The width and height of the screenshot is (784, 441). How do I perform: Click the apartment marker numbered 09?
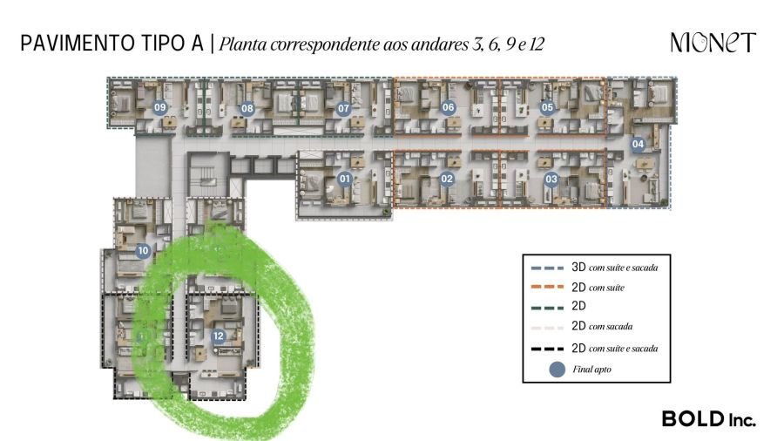[x=159, y=107]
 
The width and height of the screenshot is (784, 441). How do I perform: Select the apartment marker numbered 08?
[x=247, y=108]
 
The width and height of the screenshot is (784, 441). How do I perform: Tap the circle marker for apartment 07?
[x=343, y=108]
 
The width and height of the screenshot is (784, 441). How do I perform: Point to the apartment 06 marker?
[x=449, y=108]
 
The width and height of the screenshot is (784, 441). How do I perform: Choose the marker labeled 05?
[x=547, y=108]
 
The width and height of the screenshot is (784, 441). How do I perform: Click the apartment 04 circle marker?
[x=638, y=144]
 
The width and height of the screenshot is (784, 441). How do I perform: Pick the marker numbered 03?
[x=551, y=180]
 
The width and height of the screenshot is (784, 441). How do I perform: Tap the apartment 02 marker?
[x=447, y=180]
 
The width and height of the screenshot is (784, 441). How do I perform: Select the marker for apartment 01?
[x=344, y=180]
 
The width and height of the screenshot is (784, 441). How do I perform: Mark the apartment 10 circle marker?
[x=144, y=251]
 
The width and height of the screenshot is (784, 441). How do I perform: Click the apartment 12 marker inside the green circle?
[x=218, y=336]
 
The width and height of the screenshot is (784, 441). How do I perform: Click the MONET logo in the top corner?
[x=713, y=43]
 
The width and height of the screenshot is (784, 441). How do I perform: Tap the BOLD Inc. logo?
[x=708, y=418]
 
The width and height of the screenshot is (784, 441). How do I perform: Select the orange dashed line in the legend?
[x=547, y=287]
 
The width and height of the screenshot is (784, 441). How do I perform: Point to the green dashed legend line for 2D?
[x=547, y=307]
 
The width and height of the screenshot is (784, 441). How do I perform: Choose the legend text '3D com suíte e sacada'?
[x=614, y=267]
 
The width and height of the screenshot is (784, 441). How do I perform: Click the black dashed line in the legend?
[x=547, y=348]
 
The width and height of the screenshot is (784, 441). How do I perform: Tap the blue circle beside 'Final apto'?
[x=556, y=370]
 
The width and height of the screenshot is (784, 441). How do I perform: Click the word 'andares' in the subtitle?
[x=441, y=44]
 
